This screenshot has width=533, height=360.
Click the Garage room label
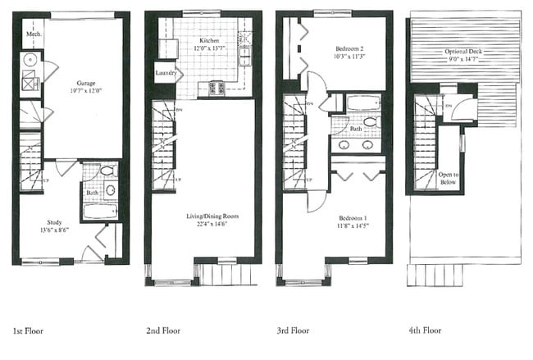[85, 84]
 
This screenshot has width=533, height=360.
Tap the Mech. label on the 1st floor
[34, 35]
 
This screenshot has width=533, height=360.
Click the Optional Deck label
[463, 51]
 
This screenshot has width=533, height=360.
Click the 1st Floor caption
[27, 331]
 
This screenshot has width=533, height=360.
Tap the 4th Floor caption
[424, 331]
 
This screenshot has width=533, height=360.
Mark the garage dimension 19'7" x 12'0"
[85, 92]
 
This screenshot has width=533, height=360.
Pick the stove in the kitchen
[218, 88]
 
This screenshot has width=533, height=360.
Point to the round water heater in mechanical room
[30, 60]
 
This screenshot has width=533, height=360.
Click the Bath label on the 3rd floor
[356, 129]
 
